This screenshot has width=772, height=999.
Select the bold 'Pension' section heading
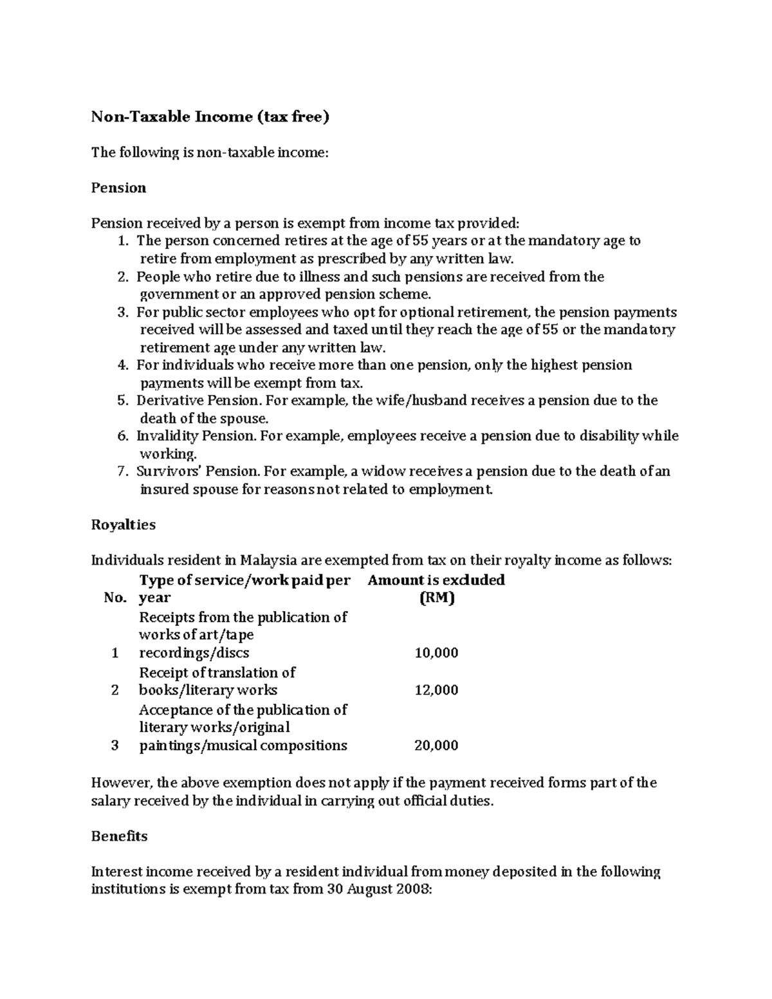coord(118,188)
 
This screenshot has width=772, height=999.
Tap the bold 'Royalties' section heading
coord(123,524)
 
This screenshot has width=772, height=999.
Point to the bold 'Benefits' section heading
coord(119,836)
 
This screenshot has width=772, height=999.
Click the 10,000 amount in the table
coord(436,653)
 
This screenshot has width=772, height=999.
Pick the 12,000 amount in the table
coord(436,690)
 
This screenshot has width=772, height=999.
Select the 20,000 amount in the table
coord(436,746)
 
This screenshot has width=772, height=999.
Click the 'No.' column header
coord(115,598)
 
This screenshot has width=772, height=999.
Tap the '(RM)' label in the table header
coord(436,598)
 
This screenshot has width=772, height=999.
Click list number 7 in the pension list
coord(123,472)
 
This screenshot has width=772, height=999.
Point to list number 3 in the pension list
coord(123,313)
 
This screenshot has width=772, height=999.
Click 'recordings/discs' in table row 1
coord(194,653)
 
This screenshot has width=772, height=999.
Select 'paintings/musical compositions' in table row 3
coord(243,746)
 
